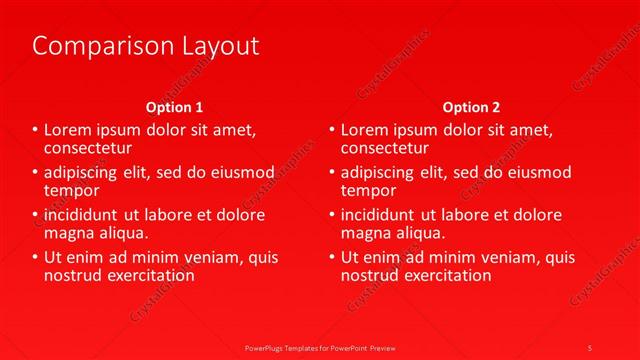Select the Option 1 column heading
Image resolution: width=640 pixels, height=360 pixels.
pyautogui.click(x=174, y=107)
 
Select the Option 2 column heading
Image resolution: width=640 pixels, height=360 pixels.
pyautogui.click(x=471, y=107)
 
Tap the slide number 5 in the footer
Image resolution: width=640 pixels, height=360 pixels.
pyautogui.click(x=590, y=346)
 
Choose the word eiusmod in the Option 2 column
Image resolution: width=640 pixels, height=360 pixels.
pyautogui.click(x=548, y=172)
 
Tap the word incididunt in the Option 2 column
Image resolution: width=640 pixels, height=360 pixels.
pyautogui.click(x=380, y=215)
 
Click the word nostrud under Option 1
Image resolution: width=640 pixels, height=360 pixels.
pyautogui.click(x=73, y=275)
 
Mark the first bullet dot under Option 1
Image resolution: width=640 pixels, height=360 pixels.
pyautogui.click(x=36, y=130)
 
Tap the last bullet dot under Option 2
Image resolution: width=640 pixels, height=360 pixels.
pyautogui.click(x=332, y=258)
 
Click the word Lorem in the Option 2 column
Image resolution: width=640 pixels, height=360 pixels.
pyautogui.click(x=366, y=129)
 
